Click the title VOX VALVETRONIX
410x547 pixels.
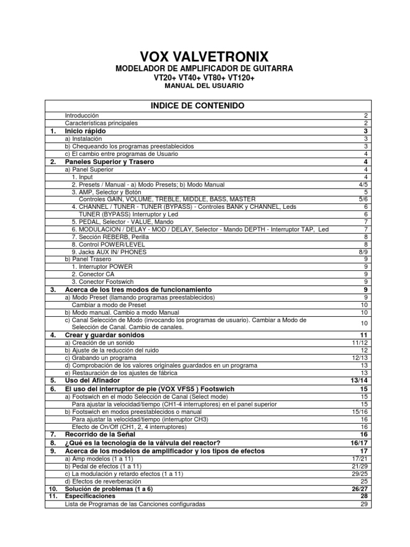pos(204,57)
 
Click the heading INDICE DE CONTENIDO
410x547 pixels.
pos(204,106)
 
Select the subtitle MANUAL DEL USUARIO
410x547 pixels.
pos(204,85)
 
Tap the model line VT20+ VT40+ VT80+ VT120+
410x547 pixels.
pos(204,77)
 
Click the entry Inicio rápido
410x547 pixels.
pos(85,131)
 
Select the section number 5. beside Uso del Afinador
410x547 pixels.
pos(53,380)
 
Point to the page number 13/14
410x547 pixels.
pos(358,380)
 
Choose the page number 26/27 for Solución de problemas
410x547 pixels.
pos(358,489)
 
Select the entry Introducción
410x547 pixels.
pos(82,115)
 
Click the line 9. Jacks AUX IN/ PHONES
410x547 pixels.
pos(109,252)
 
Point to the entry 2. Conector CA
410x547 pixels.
pos(93,274)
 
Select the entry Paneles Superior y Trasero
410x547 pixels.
pos(109,161)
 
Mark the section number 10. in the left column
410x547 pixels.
pos(53,489)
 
